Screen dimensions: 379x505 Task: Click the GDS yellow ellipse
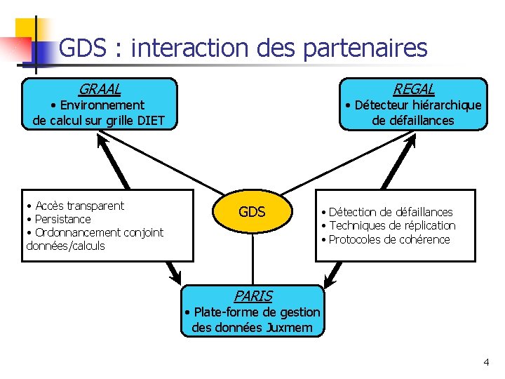[252, 211]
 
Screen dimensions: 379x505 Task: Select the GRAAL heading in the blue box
[99, 89]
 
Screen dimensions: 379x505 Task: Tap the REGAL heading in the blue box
[413, 89]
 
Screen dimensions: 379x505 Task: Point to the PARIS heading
[252, 296]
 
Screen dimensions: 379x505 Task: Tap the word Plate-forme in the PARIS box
[224, 312]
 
